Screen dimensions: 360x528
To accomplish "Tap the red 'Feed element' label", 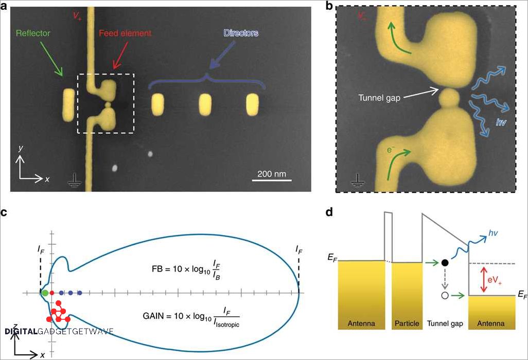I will click(x=125, y=33).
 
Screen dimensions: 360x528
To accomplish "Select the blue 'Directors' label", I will click(x=240, y=33).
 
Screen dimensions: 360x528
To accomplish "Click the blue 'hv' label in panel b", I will click(x=500, y=122).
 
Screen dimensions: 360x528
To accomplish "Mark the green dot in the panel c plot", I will click(x=45, y=293).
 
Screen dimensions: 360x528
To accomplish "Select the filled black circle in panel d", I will click(x=444, y=263).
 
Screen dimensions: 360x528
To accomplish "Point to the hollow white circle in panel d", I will click(x=444, y=296).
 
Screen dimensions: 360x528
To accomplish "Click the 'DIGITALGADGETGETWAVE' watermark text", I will click(x=59, y=331).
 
